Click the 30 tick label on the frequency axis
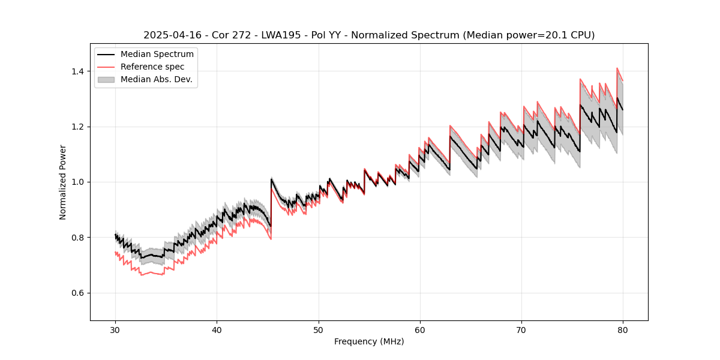pyautogui.click(x=115, y=329)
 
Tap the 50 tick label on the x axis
pyautogui.click(x=319, y=329)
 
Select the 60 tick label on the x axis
pyautogui.click(x=420, y=329)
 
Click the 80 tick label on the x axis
pyautogui.click(x=623, y=329)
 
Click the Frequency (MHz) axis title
pyautogui.click(x=369, y=341)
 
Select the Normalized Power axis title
pyautogui.click(x=63, y=182)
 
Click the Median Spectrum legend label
pyautogui.click(x=157, y=55)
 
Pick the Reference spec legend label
pyautogui.click(x=152, y=67)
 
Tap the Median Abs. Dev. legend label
pyautogui.click(x=157, y=79)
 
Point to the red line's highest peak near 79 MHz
pyautogui.click(x=617, y=68)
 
